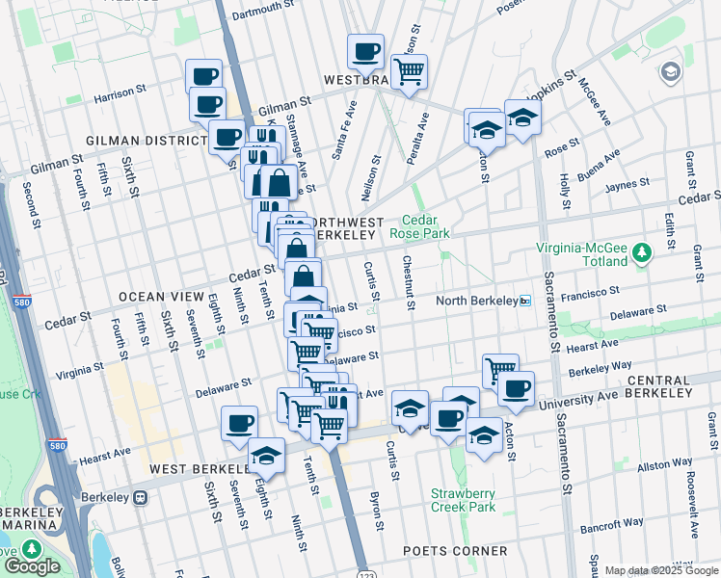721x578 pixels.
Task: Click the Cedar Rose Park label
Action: (419, 226)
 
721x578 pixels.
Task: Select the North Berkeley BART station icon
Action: (525, 301)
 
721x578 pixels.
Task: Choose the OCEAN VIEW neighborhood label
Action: (161, 296)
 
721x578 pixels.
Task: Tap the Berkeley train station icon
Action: (141, 498)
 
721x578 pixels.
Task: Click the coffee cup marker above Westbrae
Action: (365, 51)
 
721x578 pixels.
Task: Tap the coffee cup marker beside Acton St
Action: (516, 388)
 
